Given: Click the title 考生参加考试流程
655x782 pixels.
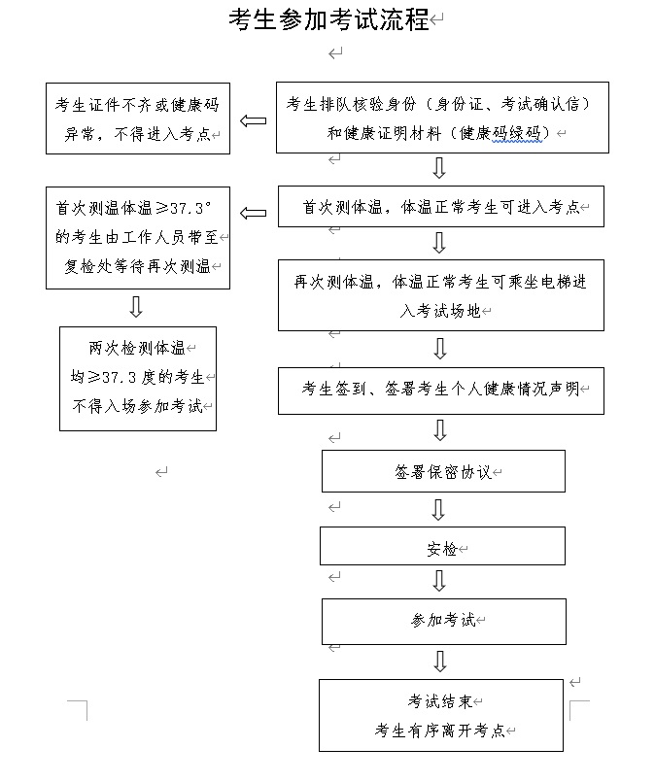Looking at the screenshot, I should [328, 20].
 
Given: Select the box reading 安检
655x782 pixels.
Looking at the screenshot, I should [442, 547].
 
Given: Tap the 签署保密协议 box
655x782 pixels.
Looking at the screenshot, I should [443, 472].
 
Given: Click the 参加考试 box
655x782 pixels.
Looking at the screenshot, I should [443, 621].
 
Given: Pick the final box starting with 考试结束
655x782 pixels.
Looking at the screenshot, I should [440, 715].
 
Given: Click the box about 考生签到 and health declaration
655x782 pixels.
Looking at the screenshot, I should [440, 391].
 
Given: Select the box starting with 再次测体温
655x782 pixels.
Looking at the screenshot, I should [440, 294].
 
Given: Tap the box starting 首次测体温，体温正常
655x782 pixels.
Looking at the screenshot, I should [440, 207].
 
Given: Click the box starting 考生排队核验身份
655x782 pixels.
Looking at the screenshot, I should [442, 118].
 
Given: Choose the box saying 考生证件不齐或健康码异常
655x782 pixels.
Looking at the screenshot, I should [137, 118].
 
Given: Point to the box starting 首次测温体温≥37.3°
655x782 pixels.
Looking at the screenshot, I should [137, 237].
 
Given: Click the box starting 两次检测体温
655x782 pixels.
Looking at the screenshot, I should [137, 378].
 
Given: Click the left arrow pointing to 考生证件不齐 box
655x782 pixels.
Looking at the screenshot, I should [253, 120].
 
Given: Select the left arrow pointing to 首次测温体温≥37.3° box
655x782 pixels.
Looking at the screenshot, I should [253, 213].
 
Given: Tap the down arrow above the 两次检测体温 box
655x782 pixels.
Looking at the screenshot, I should [136, 307].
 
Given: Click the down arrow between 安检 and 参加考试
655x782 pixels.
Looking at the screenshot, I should [439, 581].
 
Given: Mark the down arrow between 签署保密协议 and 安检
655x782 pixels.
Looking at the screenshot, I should [439, 509].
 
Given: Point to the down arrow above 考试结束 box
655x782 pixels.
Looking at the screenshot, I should [439, 662].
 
